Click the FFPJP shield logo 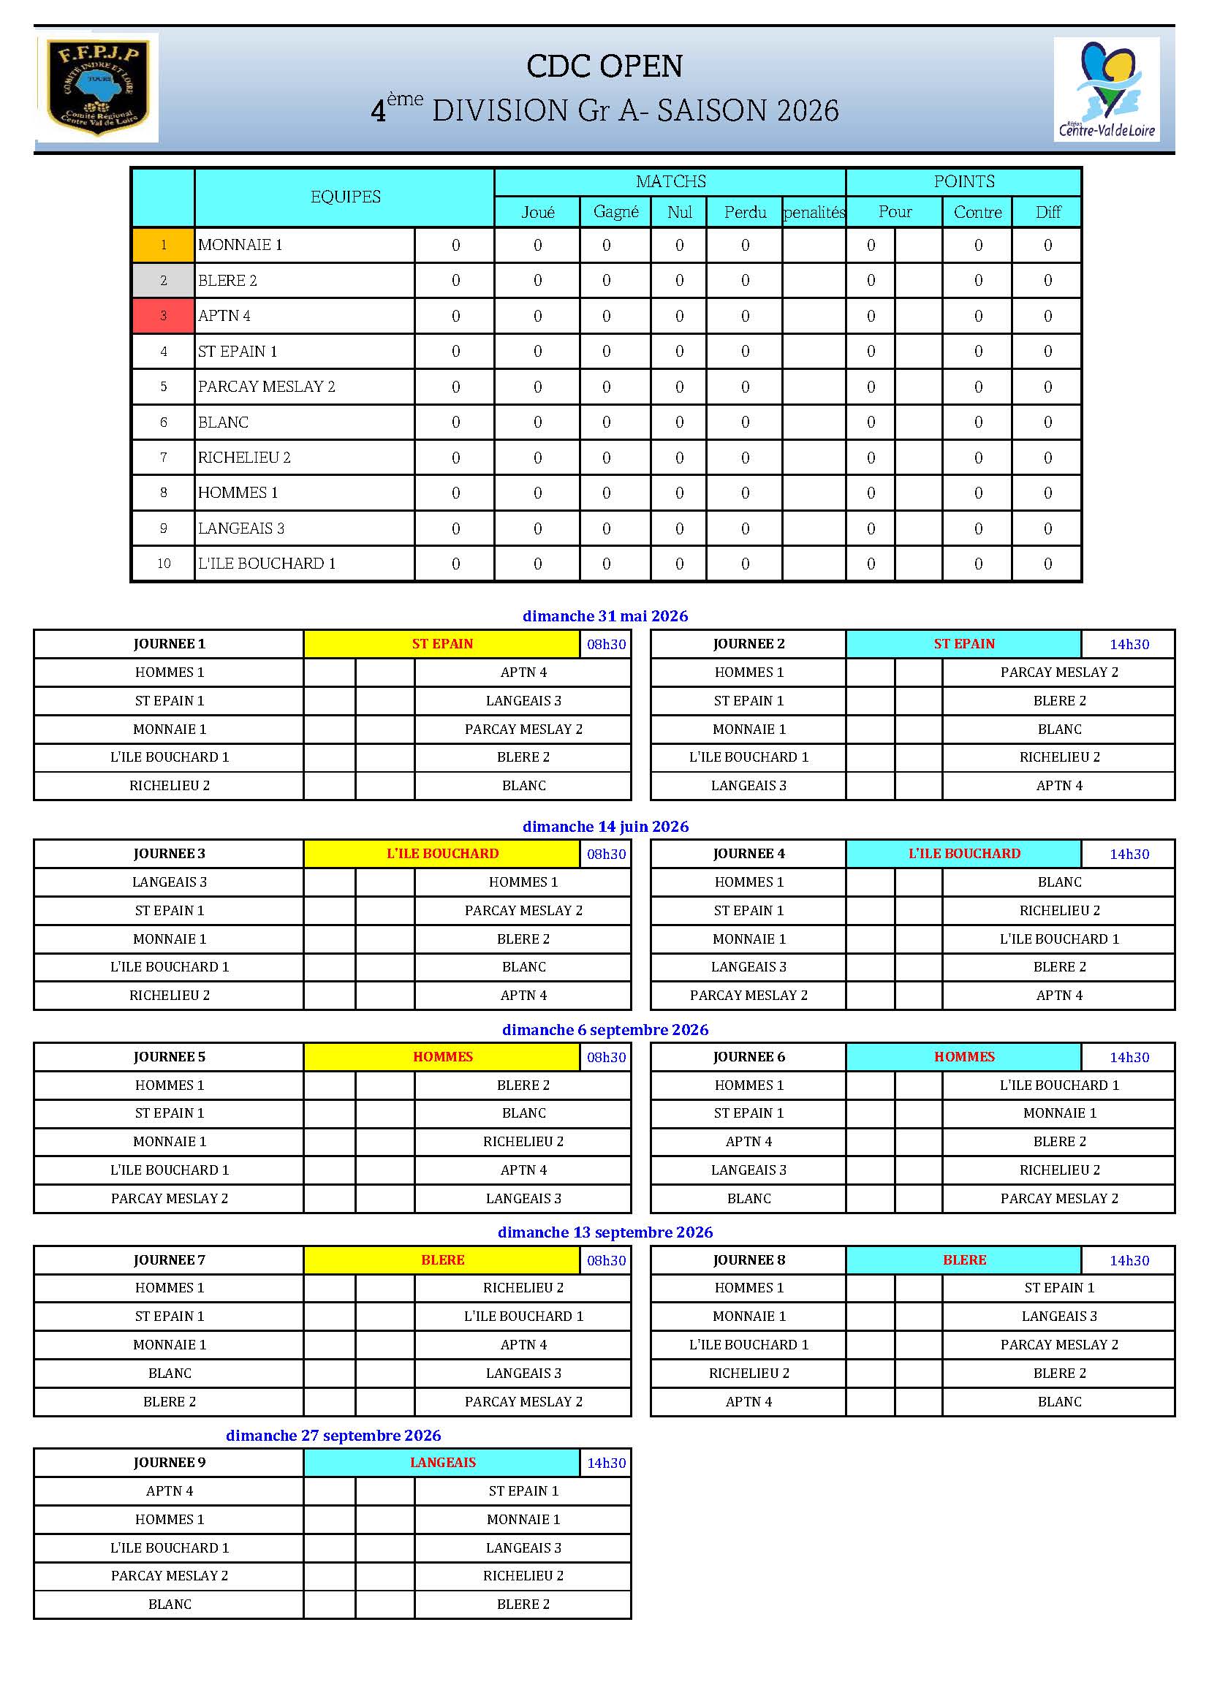pyautogui.click(x=97, y=87)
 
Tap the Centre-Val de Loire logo pyautogui.click(x=1106, y=89)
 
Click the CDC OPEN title pyautogui.click(x=604, y=67)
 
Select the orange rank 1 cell pyautogui.click(x=163, y=245)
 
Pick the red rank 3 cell pyautogui.click(x=163, y=316)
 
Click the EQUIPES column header pyautogui.click(x=345, y=197)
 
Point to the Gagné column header pyautogui.click(x=615, y=212)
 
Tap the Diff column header pyautogui.click(x=1047, y=212)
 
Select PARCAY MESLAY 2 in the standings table pyautogui.click(x=267, y=387)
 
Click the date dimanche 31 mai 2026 pyautogui.click(x=604, y=615)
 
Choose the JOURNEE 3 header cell pyautogui.click(x=169, y=853)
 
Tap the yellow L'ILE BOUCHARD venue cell pyautogui.click(x=442, y=853)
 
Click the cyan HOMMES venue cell pyautogui.click(x=963, y=1056)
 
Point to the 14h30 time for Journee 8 pyautogui.click(x=1129, y=1260)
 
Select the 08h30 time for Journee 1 pyautogui.click(x=606, y=644)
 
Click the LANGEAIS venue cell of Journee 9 pyautogui.click(x=442, y=1462)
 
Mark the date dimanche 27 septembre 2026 pyautogui.click(x=333, y=1435)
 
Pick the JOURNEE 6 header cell pyautogui.click(x=748, y=1056)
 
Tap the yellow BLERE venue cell pyautogui.click(x=442, y=1259)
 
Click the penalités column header pyautogui.click(x=814, y=212)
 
